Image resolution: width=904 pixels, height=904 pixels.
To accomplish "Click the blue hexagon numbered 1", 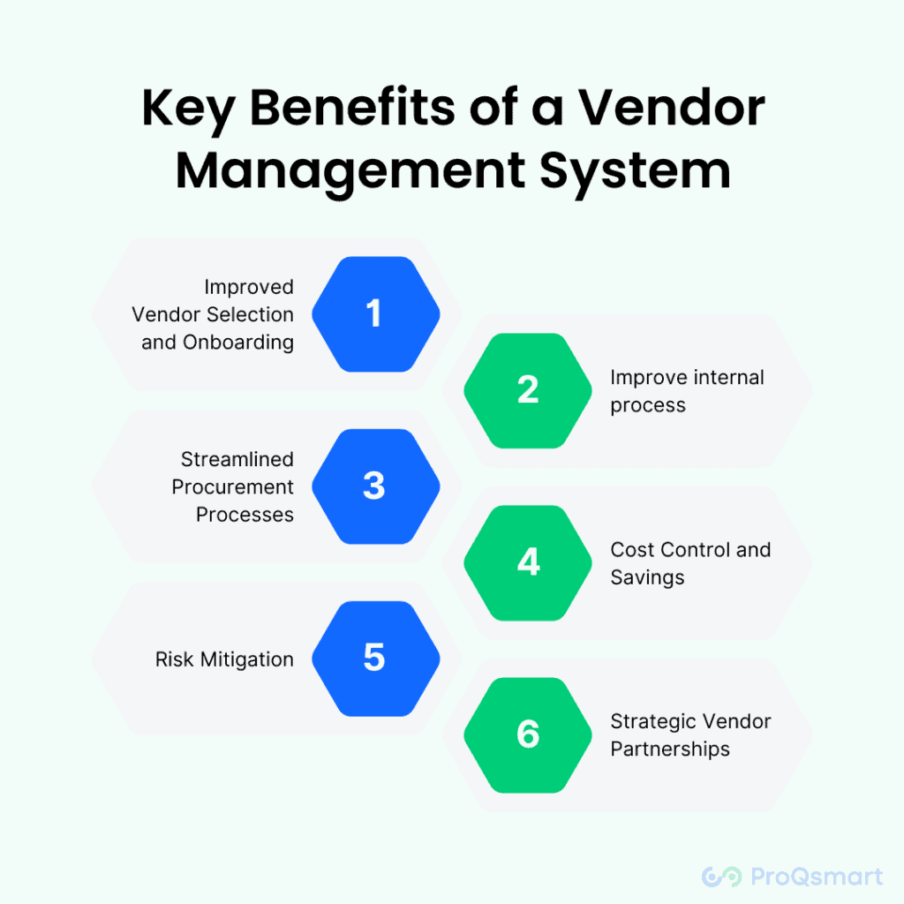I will click(x=374, y=313).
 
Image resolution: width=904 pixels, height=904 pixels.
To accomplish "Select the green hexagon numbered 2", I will click(x=528, y=389).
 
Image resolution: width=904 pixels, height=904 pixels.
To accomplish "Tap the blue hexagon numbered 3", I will click(x=374, y=486).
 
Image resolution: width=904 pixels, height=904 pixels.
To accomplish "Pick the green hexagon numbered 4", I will click(x=528, y=561).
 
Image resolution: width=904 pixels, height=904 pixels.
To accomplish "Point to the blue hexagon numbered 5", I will click(x=374, y=658).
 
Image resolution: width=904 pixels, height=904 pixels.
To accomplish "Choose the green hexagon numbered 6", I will click(x=528, y=734).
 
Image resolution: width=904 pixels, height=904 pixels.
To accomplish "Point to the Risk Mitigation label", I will click(x=224, y=659).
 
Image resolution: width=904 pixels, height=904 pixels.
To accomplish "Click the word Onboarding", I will click(x=238, y=343).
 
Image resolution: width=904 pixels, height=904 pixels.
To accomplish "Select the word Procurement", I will click(x=233, y=487).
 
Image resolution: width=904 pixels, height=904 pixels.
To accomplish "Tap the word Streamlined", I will click(x=237, y=459).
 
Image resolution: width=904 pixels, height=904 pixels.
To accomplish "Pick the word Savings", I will click(x=647, y=578).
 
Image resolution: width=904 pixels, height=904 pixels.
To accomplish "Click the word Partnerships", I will click(x=670, y=750).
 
